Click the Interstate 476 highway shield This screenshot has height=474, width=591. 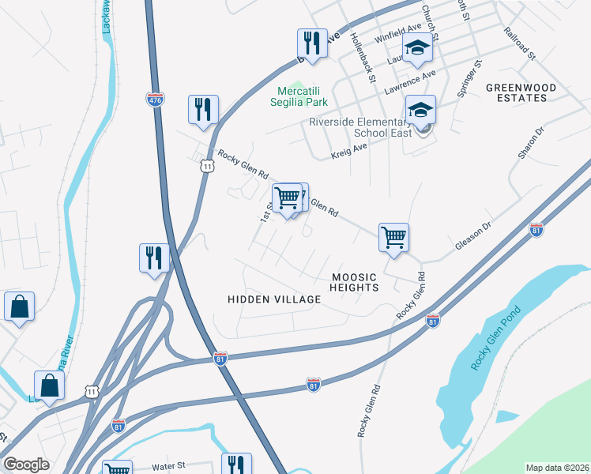(x=154, y=100)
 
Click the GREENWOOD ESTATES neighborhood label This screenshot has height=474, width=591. (x=516, y=92)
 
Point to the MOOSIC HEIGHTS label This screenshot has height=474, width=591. (x=355, y=282)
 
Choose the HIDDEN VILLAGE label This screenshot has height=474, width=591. (x=274, y=299)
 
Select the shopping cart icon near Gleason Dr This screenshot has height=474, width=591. (x=393, y=237)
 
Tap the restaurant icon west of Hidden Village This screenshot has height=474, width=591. (x=154, y=258)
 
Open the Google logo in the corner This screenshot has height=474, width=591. (x=26, y=465)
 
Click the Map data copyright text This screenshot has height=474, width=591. (x=557, y=468)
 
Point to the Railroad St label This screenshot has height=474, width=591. (x=519, y=45)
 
